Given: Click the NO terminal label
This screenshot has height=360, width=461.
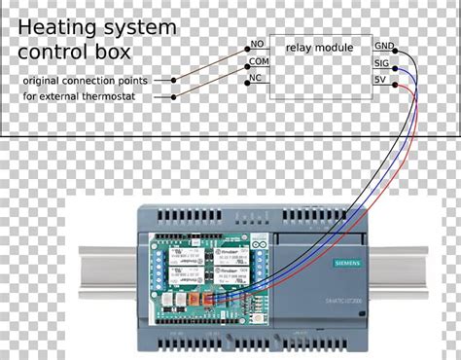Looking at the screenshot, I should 258,45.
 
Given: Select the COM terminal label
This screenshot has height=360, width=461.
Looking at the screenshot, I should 259,61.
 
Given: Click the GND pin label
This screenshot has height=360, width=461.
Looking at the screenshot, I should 384,46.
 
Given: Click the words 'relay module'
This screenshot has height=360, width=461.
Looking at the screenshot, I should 320,46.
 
